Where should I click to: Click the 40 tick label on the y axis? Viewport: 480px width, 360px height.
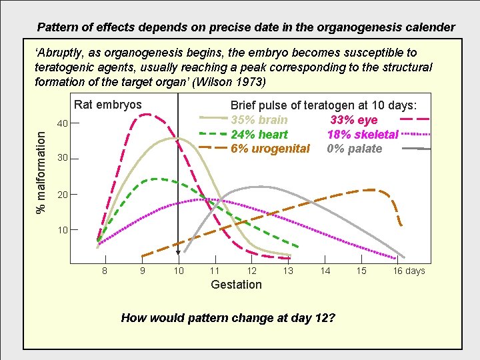coord(62,123)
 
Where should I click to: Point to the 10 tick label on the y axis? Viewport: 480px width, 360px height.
coord(62,230)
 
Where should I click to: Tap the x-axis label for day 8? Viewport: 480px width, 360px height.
coord(105,271)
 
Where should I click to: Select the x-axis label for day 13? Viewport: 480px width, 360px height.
coord(288,271)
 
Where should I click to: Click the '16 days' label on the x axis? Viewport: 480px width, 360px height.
coord(408,271)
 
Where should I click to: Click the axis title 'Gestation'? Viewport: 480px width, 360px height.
coord(236,285)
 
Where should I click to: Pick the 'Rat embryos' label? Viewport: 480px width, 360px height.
coord(107,105)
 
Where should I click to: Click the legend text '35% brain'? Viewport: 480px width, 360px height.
coord(259,120)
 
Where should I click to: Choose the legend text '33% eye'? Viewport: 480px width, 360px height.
coord(354,120)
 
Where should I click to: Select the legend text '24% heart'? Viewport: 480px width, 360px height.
coord(259,135)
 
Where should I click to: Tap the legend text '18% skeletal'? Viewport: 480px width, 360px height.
coord(363,135)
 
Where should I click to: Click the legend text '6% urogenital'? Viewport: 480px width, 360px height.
coord(270,149)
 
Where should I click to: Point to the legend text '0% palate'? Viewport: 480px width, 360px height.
coord(355,149)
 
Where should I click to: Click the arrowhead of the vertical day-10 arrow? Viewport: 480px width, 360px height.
coord(178,253)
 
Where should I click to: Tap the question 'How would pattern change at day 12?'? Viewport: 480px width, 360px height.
coord(228,317)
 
